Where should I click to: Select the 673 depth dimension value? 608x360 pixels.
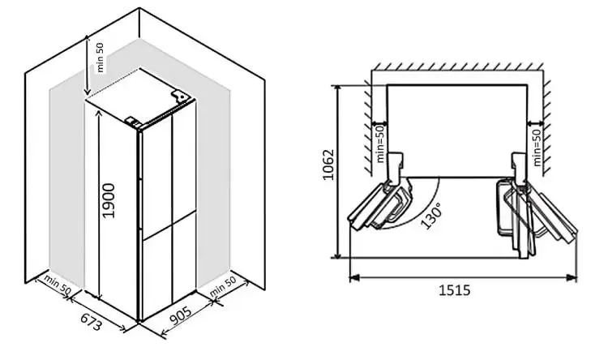click(90, 320)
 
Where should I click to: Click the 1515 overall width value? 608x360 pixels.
click(455, 290)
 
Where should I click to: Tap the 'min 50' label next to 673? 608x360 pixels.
click(57, 286)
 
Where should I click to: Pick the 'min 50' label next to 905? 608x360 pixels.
click(221, 288)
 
